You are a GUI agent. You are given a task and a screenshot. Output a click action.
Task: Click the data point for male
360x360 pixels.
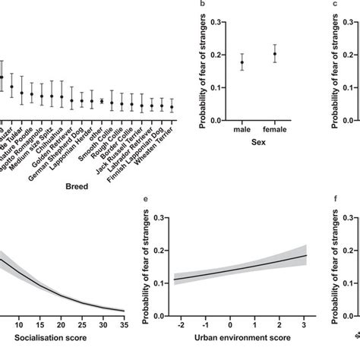pos(242,63)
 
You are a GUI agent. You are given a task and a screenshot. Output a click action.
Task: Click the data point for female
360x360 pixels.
pos(274,54)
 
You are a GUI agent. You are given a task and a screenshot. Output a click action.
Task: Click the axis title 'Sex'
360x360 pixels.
pos(258,143)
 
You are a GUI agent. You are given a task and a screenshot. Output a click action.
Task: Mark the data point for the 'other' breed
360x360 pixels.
pos(102,100)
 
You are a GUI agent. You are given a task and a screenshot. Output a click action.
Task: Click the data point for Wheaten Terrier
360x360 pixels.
pos(172,107)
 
